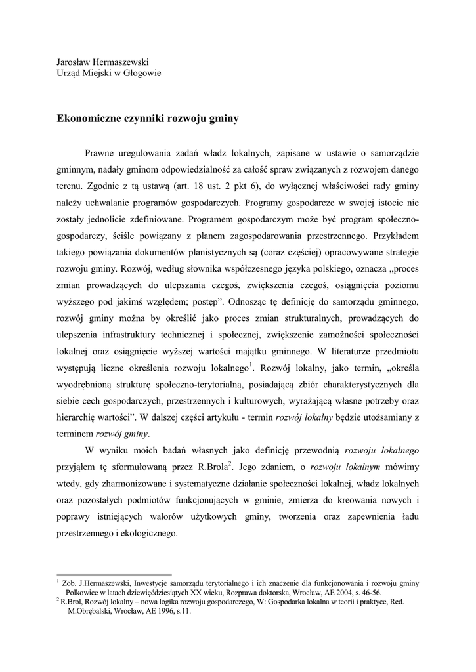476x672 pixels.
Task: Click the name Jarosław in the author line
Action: point(74,61)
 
